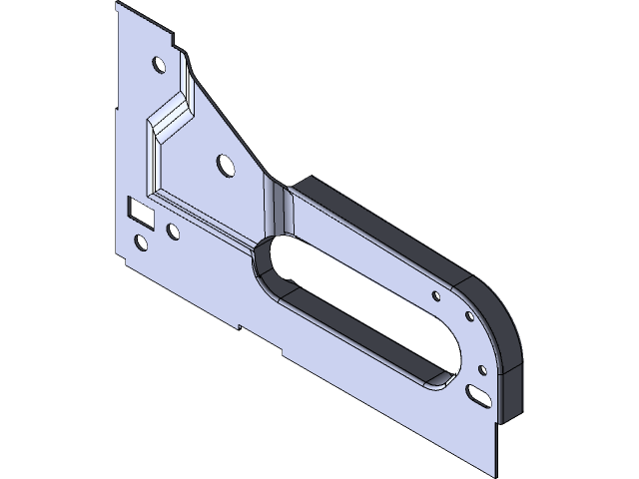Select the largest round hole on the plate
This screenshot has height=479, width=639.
point(224,162)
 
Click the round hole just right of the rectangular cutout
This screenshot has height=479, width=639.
point(173,234)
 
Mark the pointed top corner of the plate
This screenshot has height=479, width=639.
point(118,4)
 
